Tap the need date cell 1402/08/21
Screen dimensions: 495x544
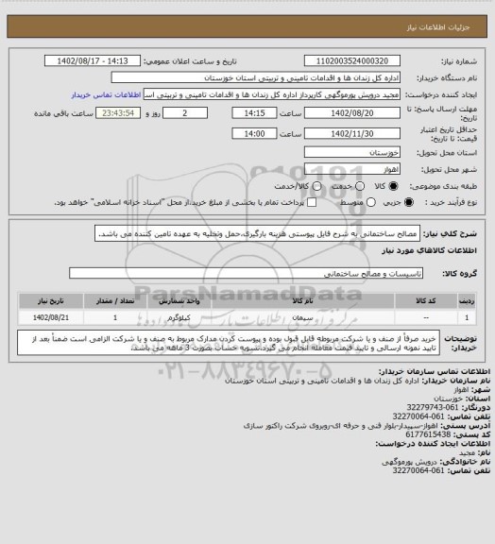49,318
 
